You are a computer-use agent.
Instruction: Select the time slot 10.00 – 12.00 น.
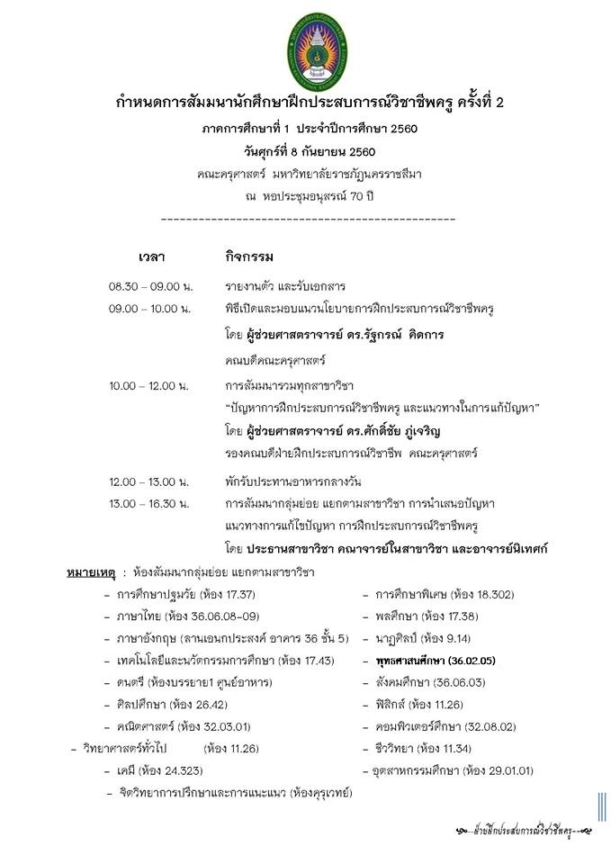click(148, 385)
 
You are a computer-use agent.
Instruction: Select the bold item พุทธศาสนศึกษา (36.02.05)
click(436, 661)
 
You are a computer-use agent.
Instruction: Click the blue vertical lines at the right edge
click(599, 808)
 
